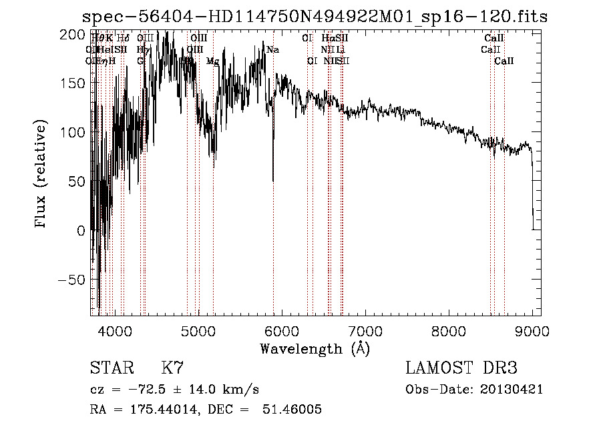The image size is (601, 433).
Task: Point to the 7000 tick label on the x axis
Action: coord(365,330)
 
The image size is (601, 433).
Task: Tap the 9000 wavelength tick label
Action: coord(532,330)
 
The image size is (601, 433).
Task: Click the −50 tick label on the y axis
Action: coord(71,280)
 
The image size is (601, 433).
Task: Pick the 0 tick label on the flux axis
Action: coord(81,231)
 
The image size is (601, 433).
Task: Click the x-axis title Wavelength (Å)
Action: coord(315,348)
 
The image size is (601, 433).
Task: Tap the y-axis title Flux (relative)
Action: coord(41,174)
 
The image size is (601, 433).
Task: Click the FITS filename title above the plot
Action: coord(315,17)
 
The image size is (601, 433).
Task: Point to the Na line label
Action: coord(272,49)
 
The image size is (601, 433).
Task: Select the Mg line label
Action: coord(212,61)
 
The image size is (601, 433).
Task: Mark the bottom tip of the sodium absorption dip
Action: coord(273,181)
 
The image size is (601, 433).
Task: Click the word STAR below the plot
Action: coord(112,368)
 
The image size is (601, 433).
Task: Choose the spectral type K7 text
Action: coord(172,368)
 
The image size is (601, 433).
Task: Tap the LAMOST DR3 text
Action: coord(461,368)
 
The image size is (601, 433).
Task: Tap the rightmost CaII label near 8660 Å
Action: coord(504,61)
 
